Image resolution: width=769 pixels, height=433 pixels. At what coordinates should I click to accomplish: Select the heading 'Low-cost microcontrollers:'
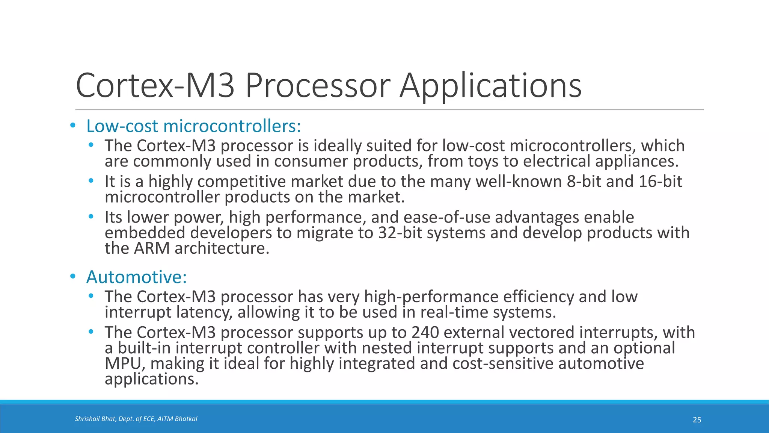[x=193, y=126]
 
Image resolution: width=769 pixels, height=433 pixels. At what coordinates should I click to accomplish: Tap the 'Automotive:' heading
[x=136, y=277]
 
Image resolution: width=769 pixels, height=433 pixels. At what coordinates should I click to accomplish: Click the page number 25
[x=697, y=420]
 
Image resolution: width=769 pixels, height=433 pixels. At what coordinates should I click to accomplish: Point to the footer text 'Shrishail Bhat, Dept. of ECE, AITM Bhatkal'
[x=136, y=419]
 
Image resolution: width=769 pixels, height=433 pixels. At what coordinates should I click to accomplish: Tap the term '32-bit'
[x=400, y=233]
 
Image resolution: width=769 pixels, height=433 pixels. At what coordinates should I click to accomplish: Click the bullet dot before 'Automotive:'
[x=73, y=277]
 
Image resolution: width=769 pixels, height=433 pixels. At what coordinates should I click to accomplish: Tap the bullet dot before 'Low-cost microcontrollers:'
[x=73, y=126]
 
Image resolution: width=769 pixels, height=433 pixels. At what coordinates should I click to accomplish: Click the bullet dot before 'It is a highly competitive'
[x=91, y=181]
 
